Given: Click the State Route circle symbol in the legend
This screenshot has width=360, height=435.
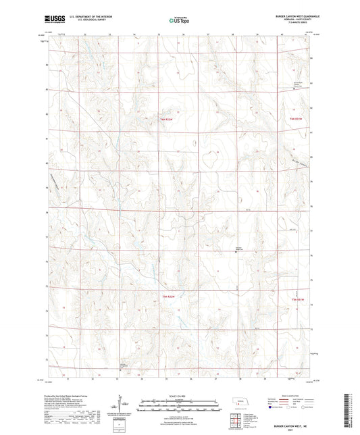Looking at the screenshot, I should [307, 407].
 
